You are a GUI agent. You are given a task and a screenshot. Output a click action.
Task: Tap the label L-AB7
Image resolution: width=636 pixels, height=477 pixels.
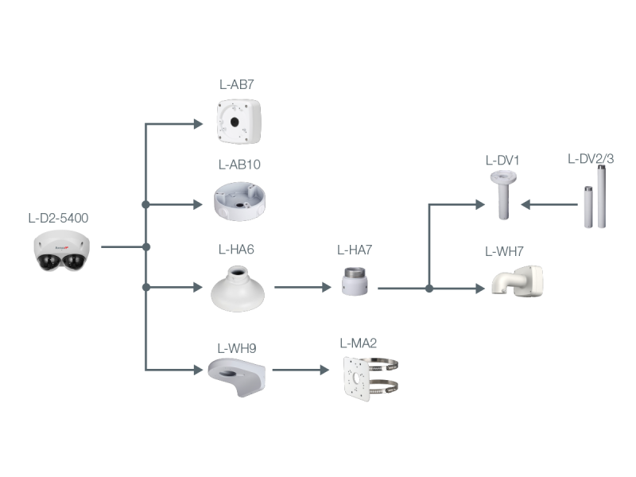tap(236, 84)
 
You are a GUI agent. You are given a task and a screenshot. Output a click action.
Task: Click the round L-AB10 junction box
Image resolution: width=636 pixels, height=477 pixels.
tap(240, 201)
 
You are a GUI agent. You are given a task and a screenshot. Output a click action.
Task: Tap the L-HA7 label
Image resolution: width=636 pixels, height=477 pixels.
tap(355, 250)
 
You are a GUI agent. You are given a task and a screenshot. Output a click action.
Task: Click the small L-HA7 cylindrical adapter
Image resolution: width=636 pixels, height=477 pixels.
tap(354, 282)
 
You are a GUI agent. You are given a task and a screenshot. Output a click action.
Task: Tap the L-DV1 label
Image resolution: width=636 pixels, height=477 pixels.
tap(502, 160)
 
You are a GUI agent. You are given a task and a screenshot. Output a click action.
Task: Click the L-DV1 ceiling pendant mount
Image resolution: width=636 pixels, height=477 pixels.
tap(502, 194)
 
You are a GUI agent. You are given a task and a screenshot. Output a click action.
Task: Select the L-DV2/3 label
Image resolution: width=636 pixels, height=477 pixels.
tap(591, 159)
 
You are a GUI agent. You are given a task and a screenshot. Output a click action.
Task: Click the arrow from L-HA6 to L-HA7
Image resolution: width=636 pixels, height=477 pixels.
tap(302, 288)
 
